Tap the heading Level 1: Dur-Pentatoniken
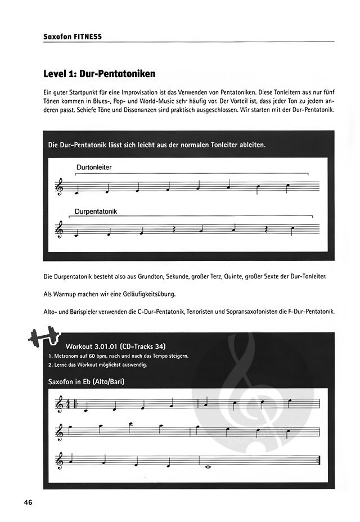tap(100, 74)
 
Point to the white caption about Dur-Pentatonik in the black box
tap(157, 145)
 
